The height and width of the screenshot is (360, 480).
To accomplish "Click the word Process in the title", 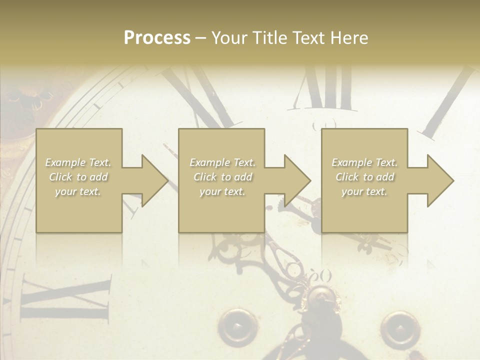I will tap(157, 38).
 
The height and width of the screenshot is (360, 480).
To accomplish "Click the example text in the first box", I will tap(78, 177).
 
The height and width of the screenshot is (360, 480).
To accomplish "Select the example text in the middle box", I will tap(222, 177).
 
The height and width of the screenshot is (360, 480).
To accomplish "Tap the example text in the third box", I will tap(364, 177).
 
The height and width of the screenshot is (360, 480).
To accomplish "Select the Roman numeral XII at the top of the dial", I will tap(325, 90).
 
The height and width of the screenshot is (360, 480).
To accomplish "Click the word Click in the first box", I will tap(61, 177).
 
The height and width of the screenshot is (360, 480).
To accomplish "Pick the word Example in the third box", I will tap(351, 162).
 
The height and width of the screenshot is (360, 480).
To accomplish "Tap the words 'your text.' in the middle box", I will tap(222, 191).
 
